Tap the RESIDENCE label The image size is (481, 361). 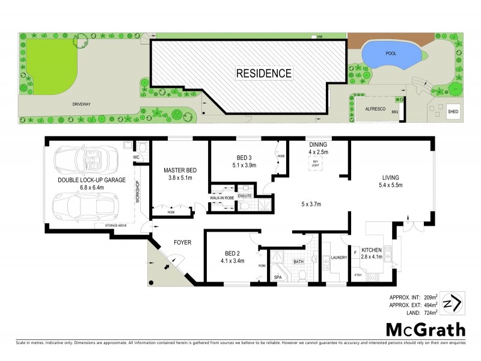click(x=263, y=74)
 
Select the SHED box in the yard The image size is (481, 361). click(x=453, y=111)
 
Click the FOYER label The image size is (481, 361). click(x=182, y=242)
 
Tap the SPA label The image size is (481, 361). click(x=278, y=277)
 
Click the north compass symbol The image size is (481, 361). click(x=452, y=302)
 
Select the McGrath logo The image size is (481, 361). click(x=425, y=330)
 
